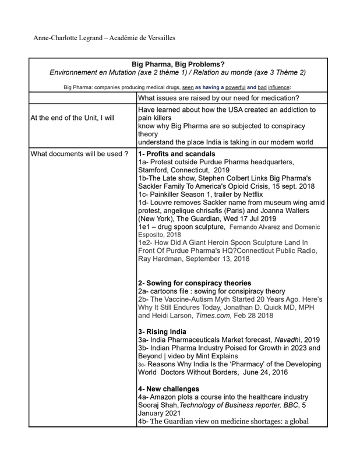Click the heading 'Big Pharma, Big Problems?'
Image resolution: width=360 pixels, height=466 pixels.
point(178,64)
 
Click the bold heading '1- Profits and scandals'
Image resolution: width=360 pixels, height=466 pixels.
point(177,154)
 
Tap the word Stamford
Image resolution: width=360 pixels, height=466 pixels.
point(154,170)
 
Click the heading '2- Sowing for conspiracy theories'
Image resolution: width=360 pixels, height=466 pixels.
point(195,283)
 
